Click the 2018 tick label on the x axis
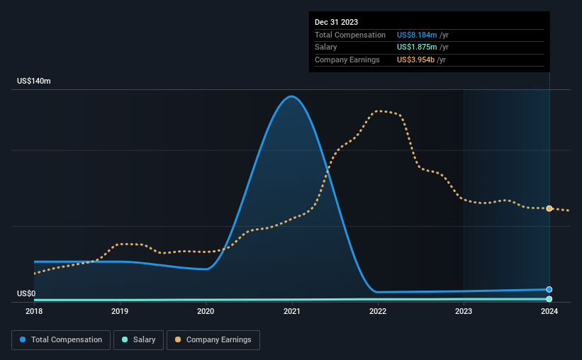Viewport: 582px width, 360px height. (x=34, y=310)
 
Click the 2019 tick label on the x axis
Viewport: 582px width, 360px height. (x=120, y=310)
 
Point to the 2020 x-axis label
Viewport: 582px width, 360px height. (x=206, y=310)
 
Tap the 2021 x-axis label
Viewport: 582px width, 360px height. (x=292, y=310)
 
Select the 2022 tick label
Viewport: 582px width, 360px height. (x=378, y=310)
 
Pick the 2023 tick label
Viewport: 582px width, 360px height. (x=464, y=310)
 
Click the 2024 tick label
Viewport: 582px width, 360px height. (x=549, y=310)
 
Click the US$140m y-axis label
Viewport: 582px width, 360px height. (x=34, y=81)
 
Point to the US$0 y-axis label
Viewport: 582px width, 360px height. (x=27, y=293)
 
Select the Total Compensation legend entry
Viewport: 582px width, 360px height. (x=62, y=340)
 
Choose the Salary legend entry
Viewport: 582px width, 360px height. (x=139, y=340)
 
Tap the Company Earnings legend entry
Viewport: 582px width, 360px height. (x=213, y=340)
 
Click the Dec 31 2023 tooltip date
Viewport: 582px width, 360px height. (x=337, y=22)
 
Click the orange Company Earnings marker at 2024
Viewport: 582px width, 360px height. (x=549, y=208)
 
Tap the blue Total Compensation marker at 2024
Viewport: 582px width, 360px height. (x=549, y=289)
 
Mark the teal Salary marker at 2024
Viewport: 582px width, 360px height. (x=549, y=299)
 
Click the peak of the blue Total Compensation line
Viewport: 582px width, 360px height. (x=291, y=96)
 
